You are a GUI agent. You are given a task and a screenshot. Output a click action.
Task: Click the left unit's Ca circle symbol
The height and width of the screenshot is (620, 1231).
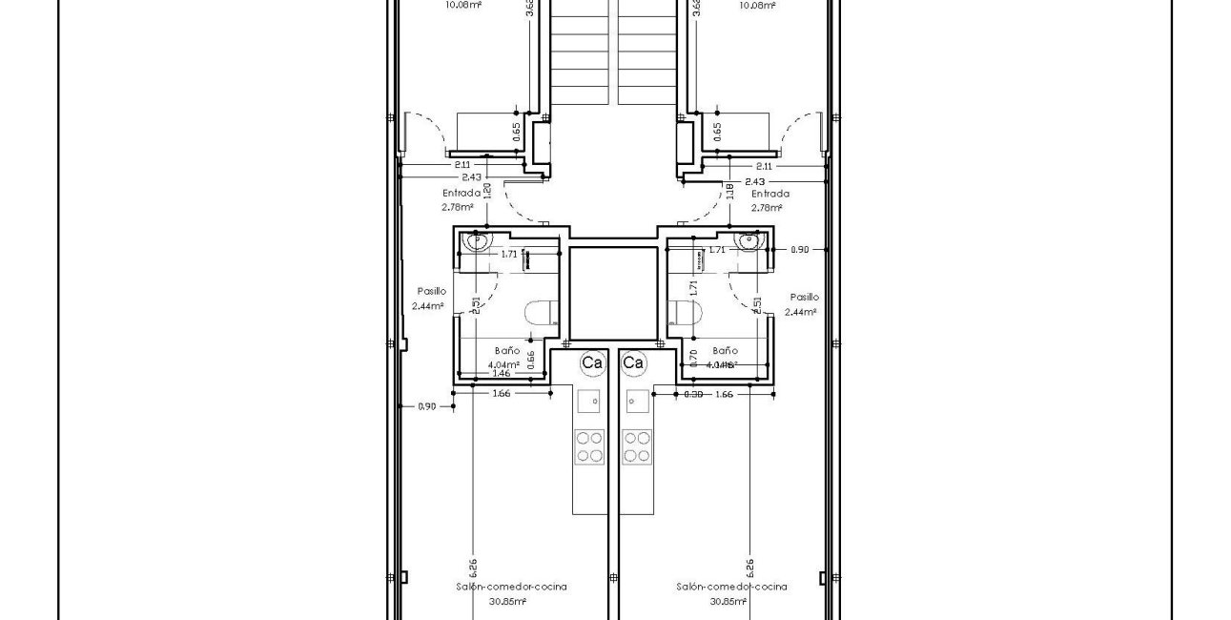pos(592,362)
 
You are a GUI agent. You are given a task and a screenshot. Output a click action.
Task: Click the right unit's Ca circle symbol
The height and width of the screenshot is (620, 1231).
pos(633,362)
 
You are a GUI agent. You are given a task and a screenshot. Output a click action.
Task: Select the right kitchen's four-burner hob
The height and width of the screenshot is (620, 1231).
pos(637,445)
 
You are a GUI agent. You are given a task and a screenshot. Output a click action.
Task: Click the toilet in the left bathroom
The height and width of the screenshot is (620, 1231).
pos(540,313)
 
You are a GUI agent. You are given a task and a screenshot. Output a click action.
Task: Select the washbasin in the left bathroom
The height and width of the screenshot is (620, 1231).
pos(476,240)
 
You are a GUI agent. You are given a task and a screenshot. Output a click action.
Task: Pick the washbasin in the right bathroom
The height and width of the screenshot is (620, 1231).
pos(749,240)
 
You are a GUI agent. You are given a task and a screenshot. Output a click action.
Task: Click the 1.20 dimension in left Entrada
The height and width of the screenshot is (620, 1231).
pos(487,190)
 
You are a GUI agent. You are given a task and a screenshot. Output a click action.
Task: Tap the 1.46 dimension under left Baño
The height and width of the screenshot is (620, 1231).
pos(502,374)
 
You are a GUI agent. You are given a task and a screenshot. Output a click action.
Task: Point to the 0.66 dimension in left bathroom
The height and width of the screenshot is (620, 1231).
pos(531,359)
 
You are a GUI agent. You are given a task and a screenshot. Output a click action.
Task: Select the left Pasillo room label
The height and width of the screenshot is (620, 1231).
pos(430,291)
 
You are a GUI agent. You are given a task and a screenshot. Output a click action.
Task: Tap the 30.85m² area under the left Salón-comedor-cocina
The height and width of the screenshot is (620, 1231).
pos(508,602)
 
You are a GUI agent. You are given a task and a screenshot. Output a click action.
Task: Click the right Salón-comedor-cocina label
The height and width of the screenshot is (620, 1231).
pos(731,588)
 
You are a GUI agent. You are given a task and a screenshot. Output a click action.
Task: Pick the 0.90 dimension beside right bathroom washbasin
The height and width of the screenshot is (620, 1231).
pos(799,249)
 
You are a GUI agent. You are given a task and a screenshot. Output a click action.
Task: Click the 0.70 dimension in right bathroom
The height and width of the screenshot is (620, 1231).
pos(693,359)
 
